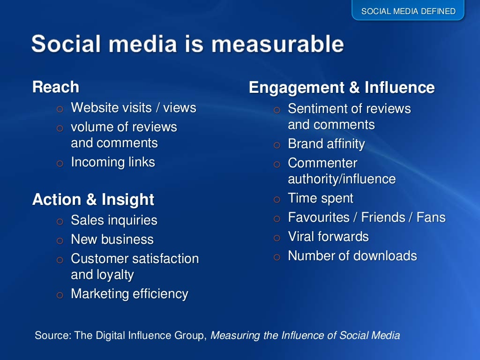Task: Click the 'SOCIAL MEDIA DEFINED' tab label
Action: point(408,11)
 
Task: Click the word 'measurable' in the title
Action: point(277,45)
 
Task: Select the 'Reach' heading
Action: point(56,87)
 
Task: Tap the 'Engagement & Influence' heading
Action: point(341,88)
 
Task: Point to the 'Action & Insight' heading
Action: point(93,200)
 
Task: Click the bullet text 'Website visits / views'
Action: point(133,108)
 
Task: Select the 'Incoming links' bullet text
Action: point(112,162)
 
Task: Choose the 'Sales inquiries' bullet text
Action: point(114,220)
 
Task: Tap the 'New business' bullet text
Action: point(112,240)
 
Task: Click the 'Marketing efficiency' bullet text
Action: point(129,294)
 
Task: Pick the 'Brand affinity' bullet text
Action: point(326,144)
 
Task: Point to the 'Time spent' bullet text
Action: point(321,198)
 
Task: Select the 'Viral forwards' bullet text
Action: point(328,237)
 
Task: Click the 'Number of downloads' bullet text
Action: point(352,256)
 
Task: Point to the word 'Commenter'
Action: point(322,163)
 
